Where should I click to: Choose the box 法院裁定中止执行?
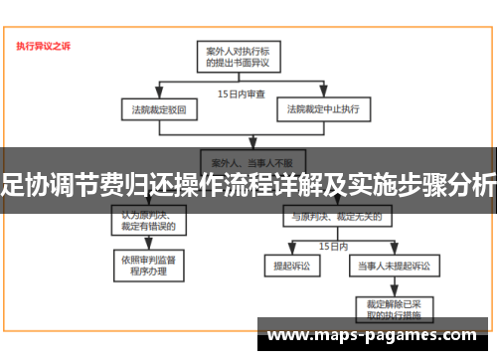pos(324,107)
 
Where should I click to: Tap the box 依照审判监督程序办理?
pos(150,264)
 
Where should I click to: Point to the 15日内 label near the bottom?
pos(332,245)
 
